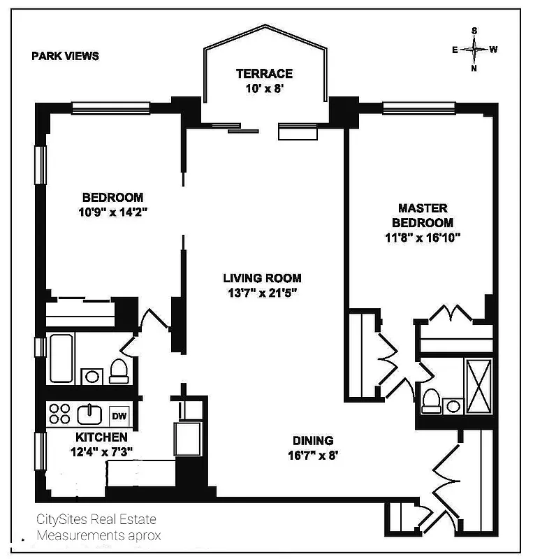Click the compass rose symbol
tap(474, 50)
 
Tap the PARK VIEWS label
tap(65, 56)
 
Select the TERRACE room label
tap(264, 73)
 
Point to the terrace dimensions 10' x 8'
tap(264, 89)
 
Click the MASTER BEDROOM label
tap(422, 215)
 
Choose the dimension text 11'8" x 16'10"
tap(422, 238)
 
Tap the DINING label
tap(312, 441)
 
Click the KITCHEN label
tap(101, 437)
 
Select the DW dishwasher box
tap(119, 416)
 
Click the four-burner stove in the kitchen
tap(59, 414)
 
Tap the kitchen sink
tap(90, 414)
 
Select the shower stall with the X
tap(478, 386)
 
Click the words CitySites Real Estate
tap(96, 519)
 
